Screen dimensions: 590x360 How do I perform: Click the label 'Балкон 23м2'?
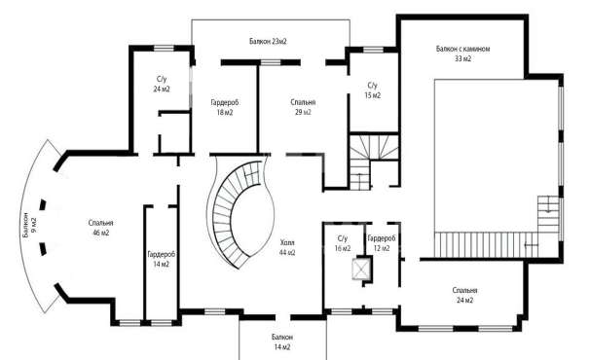(x=268, y=42)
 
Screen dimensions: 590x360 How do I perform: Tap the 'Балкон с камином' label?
(x=462, y=49)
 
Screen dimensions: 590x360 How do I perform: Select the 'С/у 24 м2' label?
(x=162, y=84)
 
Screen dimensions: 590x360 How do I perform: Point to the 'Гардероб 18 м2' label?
(x=225, y=107)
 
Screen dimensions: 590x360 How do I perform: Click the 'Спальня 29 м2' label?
(x=303, y=107)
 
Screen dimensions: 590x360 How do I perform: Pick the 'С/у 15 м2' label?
(x=372, y=90)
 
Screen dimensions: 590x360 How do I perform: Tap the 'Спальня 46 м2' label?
(x=101, y=228)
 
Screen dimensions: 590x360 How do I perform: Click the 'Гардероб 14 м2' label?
(x=161, y=259)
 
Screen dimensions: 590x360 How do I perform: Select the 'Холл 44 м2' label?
(x=287, y=247)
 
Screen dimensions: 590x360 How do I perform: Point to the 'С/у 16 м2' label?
(x=343, y=243)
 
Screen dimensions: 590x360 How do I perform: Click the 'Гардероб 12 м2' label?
(x=382, y=243)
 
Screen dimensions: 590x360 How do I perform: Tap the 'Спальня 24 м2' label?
(x=465, y=296)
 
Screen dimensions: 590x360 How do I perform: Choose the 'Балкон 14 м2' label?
(x=281, y=342)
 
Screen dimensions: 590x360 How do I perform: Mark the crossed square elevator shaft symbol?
(x=360, y=269)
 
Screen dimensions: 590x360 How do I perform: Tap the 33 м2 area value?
(x=462, y=58)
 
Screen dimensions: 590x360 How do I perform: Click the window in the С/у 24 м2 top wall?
(x=165, y=48)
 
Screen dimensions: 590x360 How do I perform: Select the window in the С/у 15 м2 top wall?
(x=373, y=50)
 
